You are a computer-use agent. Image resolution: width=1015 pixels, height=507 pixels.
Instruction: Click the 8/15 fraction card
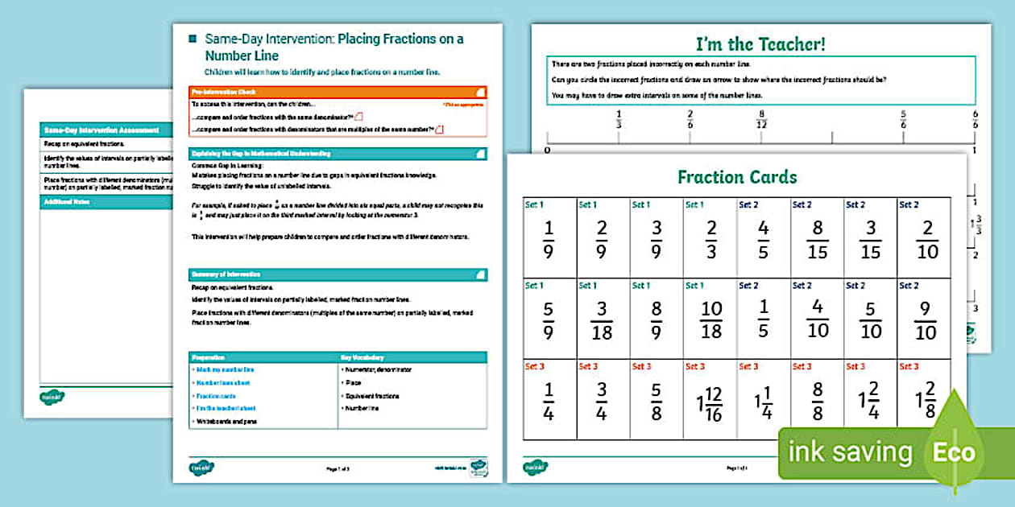pos(817,239)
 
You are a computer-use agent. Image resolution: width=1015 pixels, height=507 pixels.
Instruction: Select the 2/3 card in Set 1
pos(710,239)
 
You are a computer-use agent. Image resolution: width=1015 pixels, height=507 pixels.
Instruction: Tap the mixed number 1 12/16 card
pos(709,400)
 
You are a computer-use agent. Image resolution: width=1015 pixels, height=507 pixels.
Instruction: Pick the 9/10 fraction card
pos(925,319)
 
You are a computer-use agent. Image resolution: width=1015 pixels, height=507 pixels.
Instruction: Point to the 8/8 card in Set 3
pos(817,400)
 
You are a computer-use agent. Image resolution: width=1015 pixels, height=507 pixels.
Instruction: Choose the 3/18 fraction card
pos(603,319)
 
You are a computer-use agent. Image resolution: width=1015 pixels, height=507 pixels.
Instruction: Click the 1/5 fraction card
pos(763,319)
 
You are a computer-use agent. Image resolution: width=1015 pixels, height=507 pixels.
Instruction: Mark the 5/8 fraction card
pos(657,400)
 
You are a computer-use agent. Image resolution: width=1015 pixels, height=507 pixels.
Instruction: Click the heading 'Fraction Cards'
pos(737,177)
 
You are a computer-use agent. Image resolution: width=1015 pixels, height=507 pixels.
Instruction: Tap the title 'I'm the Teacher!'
pos(760,44)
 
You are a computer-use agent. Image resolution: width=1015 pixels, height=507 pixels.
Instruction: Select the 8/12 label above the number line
pos(761,119)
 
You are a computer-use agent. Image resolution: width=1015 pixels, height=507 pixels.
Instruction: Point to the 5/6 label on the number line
pos(903,119)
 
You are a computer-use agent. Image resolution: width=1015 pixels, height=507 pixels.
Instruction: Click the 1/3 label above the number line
pos(619,119)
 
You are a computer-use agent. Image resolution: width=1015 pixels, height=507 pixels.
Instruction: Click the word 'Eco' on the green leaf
pos(954,452)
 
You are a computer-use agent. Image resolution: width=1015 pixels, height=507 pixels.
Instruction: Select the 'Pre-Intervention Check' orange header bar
pos(338,92)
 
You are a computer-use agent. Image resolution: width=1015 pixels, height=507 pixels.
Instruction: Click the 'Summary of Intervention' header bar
pos(338,274)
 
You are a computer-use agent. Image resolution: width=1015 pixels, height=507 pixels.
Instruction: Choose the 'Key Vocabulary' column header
pos(412,357)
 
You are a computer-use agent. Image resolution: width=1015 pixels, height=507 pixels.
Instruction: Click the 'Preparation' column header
pos(263,357)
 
